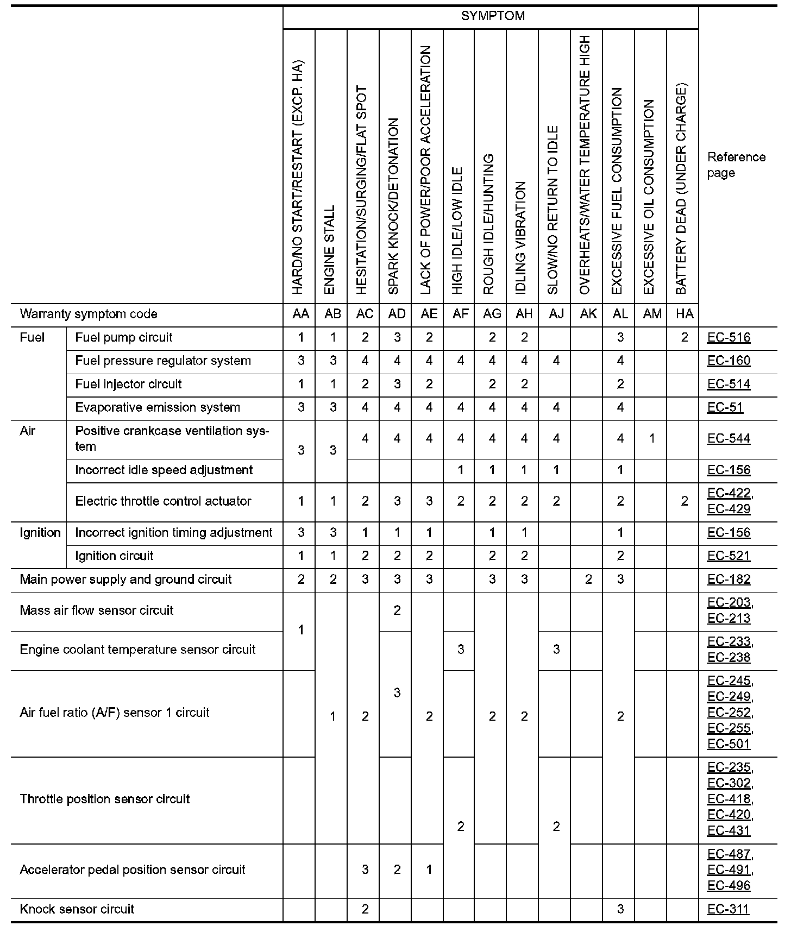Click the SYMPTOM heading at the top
[492, 16]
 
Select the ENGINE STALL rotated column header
[330, 250]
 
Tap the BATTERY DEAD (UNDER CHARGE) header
[681, 188]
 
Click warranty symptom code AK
[588, 314]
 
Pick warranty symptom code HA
[684, 314]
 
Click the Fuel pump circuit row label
[123, 337]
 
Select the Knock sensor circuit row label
[77, 909]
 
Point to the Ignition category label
[40, 533]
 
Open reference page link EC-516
[729, 337]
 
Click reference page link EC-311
[728, 909]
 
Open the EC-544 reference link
[729, 438]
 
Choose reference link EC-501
[729, 744]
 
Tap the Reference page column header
[736, 165]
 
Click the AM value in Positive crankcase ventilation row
[652, 438]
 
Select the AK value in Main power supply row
[588, 580]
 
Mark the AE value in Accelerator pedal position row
[429, 870]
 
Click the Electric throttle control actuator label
[163, 501]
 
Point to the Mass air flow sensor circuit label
[96, 610]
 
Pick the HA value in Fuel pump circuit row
[684, 337]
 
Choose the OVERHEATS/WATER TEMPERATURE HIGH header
[585, 165]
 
